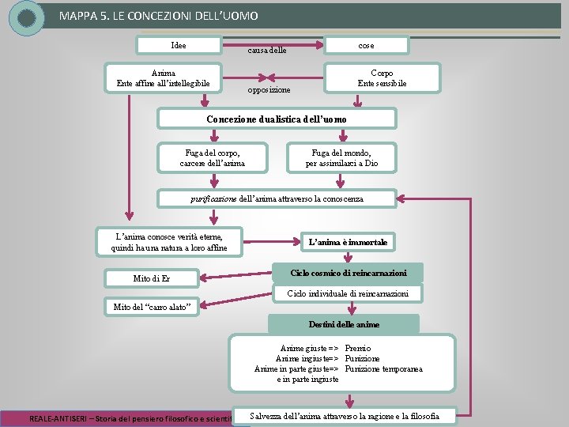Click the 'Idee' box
tap(179, 46)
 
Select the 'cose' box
tap(366, 46)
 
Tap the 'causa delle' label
tap(266, 51)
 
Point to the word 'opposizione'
tap(268, 90)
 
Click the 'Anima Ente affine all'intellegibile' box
tap(164, 78)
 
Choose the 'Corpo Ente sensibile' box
tap(382, 78)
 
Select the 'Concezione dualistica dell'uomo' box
tap(276, 119)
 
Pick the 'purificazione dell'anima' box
tap(277, 198)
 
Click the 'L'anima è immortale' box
tap(348, 241)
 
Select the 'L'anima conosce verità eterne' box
tap(169, 242)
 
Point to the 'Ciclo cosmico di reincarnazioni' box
tap(348, 273)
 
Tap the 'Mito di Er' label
tap(153, 278)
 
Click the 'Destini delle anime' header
tap(344, 324)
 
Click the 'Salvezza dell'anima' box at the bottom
tap(344, 416)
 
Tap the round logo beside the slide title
tap(26, 18)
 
